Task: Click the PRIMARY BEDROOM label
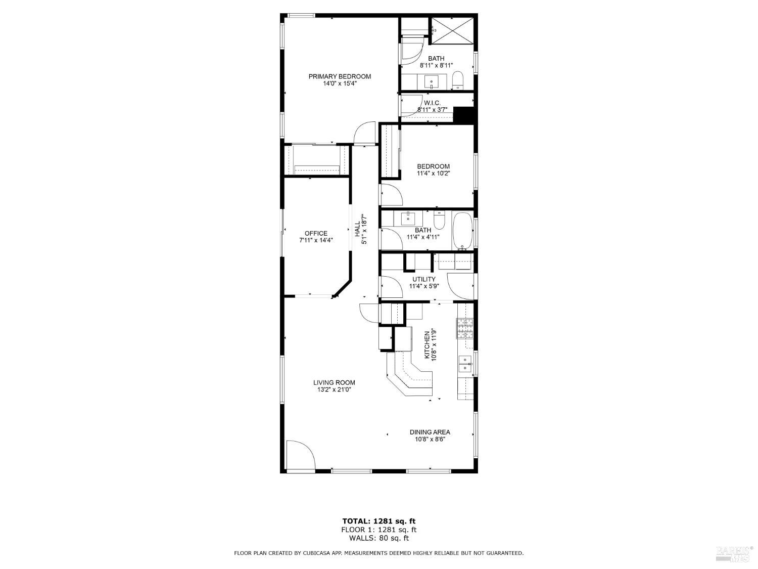tap(340, 76)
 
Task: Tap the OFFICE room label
tap(316, 233)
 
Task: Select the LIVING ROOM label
tap(334, 382)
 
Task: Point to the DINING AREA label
tap(430, 432)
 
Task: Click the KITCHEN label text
tap(427, 345)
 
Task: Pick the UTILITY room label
tap(423, 279)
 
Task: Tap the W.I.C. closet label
tap(432, 103)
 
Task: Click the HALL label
tap(357, 229)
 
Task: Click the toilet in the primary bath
tap(458, 79)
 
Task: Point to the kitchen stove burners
tap(465, 328)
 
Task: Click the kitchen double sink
tap(465, 363)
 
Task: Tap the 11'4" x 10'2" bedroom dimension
tap(433, 173)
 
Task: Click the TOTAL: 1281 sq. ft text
tap(379, 521)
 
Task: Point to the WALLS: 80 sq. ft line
tap(379, 538)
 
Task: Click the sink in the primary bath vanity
tap(432, 80)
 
